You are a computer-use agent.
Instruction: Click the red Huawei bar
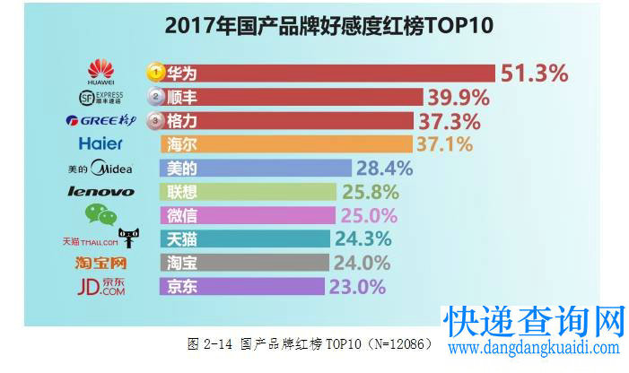point(323,73)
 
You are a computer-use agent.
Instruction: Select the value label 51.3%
point(535,73)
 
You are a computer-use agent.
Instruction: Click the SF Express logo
point(100,96)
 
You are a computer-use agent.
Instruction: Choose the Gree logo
point(100,120)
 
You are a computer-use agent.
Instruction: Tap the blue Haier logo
point(100,143)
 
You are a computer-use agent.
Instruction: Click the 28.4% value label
point(383,168)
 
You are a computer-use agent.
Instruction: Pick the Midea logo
point(100,168)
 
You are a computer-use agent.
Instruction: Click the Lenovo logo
point(100,191)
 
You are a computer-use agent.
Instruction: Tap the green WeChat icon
point(100,214)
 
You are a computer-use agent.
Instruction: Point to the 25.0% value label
point(368,215)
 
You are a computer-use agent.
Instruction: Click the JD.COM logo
point(100,286)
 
